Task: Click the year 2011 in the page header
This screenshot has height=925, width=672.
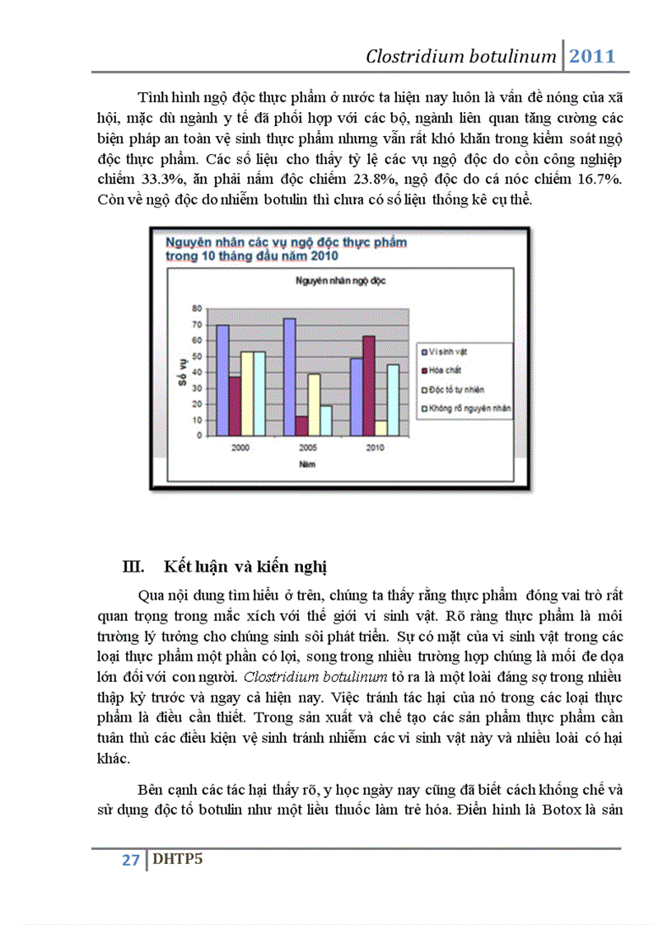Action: coord(593,57)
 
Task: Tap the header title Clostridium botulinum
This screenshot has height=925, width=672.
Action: coord(461,57)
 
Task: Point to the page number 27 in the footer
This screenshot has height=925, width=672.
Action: coord(130,860)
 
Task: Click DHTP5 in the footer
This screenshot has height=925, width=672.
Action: coord(176,860)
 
